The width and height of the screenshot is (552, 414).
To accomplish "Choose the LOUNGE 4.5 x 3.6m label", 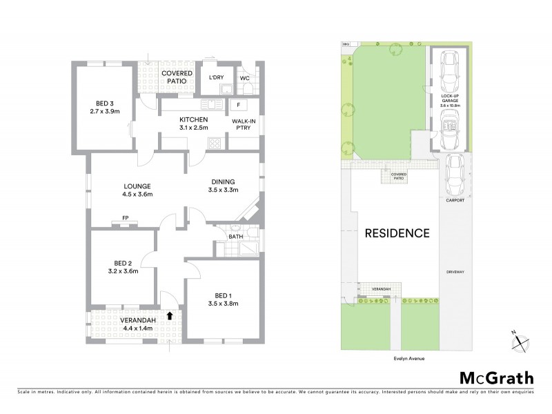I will (x=137, y=190).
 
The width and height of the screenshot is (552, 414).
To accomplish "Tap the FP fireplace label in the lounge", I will (x=126, y=218).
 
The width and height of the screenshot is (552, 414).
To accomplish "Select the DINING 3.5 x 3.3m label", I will (x=224, y=186).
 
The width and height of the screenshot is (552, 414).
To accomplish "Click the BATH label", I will (x=236, y=237).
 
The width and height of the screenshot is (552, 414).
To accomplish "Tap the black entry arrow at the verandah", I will (x=170, y=315).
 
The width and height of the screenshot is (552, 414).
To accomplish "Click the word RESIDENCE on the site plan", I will (x=397, y=233).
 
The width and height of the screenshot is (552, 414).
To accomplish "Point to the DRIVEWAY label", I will (x=454, y=272).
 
